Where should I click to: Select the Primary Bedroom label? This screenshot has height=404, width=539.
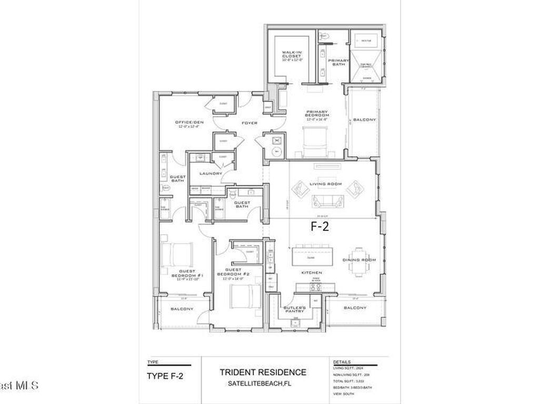click(317, 114)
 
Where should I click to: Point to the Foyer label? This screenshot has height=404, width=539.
click(249, 123)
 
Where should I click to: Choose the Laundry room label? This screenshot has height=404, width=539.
click(211, 173)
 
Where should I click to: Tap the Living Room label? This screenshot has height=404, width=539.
click(326, 184)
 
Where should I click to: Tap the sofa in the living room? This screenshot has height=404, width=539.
click(327, 201)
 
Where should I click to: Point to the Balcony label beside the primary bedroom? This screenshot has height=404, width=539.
click(364, 120)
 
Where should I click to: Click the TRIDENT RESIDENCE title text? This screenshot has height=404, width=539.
click(263, 372)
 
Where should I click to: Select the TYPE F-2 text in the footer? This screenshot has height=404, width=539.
click(166, 376)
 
